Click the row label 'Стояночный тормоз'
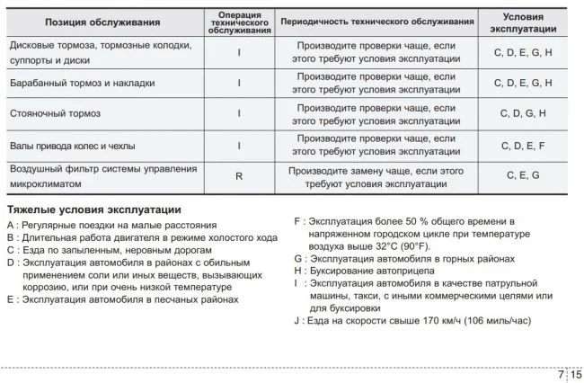tap(55, 114)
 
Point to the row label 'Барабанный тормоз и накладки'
tap(82, 83)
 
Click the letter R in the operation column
tap(239, 176)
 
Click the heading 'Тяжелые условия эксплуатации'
tap(94, 209)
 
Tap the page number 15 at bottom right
tap(576, 374)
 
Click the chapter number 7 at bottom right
tap(561, 374)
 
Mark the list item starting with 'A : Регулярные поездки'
tap(112, 224)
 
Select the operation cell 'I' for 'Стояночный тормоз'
tap(239, 114)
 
